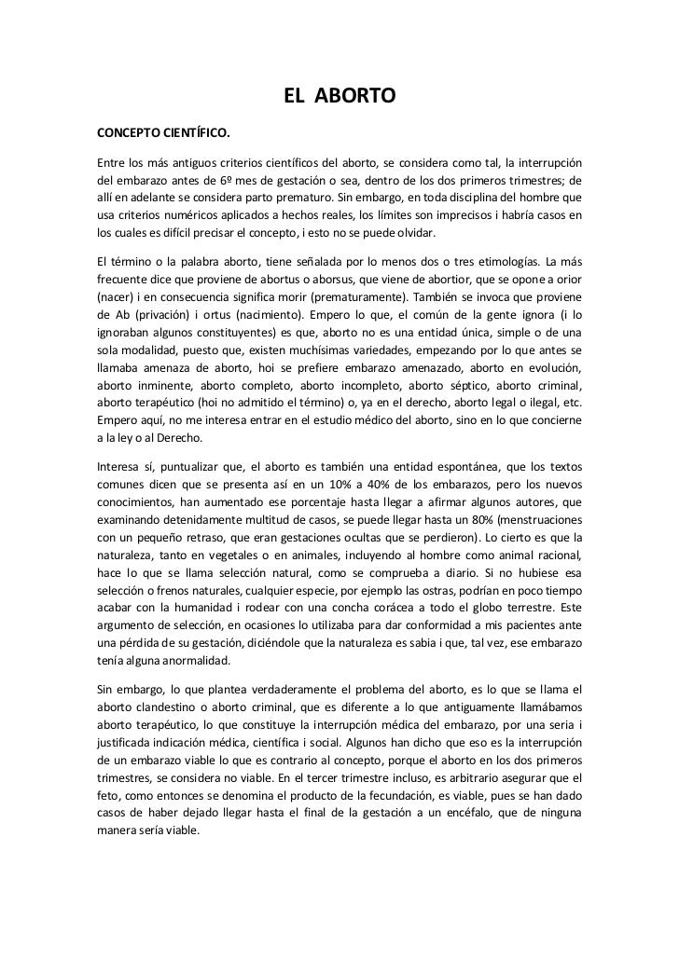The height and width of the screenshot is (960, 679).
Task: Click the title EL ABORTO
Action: pyautogui.click(x=340, y=97)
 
